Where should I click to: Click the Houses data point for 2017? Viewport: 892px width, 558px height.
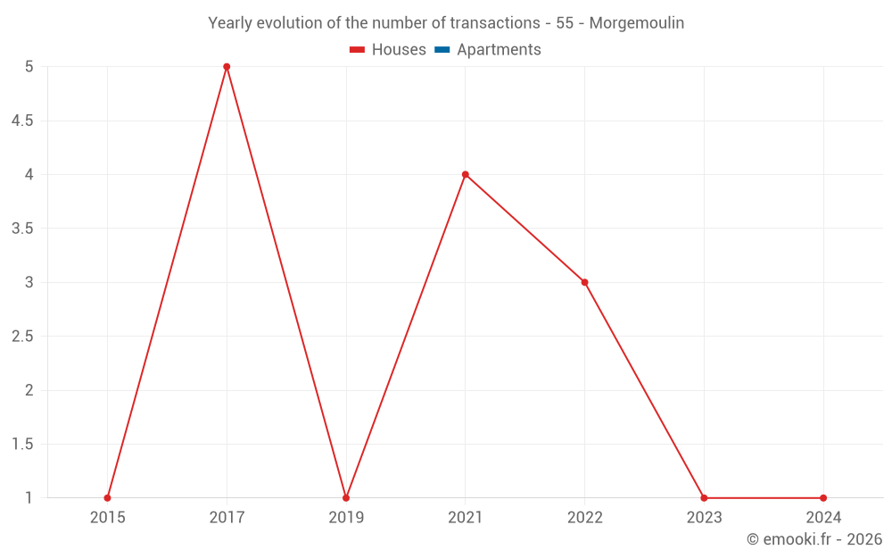tap(227, 67)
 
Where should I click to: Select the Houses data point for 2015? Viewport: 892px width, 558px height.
tap(107, 498)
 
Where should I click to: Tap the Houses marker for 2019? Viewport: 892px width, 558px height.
tap(346, 498)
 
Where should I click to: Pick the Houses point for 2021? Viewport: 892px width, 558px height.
tap(466, 175)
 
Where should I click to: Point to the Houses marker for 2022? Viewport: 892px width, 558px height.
tap(584, 282)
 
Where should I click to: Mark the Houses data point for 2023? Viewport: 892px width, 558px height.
tap(704, 498)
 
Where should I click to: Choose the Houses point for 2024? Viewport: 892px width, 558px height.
tap(823, 498)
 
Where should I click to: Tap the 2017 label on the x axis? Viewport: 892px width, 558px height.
tap(227, 518)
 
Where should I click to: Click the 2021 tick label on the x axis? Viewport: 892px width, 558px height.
tap(466, 518)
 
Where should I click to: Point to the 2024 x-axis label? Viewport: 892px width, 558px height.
tap(823, 518)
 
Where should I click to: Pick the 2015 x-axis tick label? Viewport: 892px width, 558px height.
tap(107, 518)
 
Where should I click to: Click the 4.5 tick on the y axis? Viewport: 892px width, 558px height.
tap(22, 121)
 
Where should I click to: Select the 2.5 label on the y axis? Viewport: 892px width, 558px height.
tap(22, 337)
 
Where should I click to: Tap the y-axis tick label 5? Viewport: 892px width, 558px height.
tap(29, 67)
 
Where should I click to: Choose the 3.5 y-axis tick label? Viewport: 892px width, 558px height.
tap(22, 229)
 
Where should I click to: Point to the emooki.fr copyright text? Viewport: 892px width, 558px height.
tap(814, 539)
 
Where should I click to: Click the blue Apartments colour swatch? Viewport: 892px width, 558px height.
tap(442, 50)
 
